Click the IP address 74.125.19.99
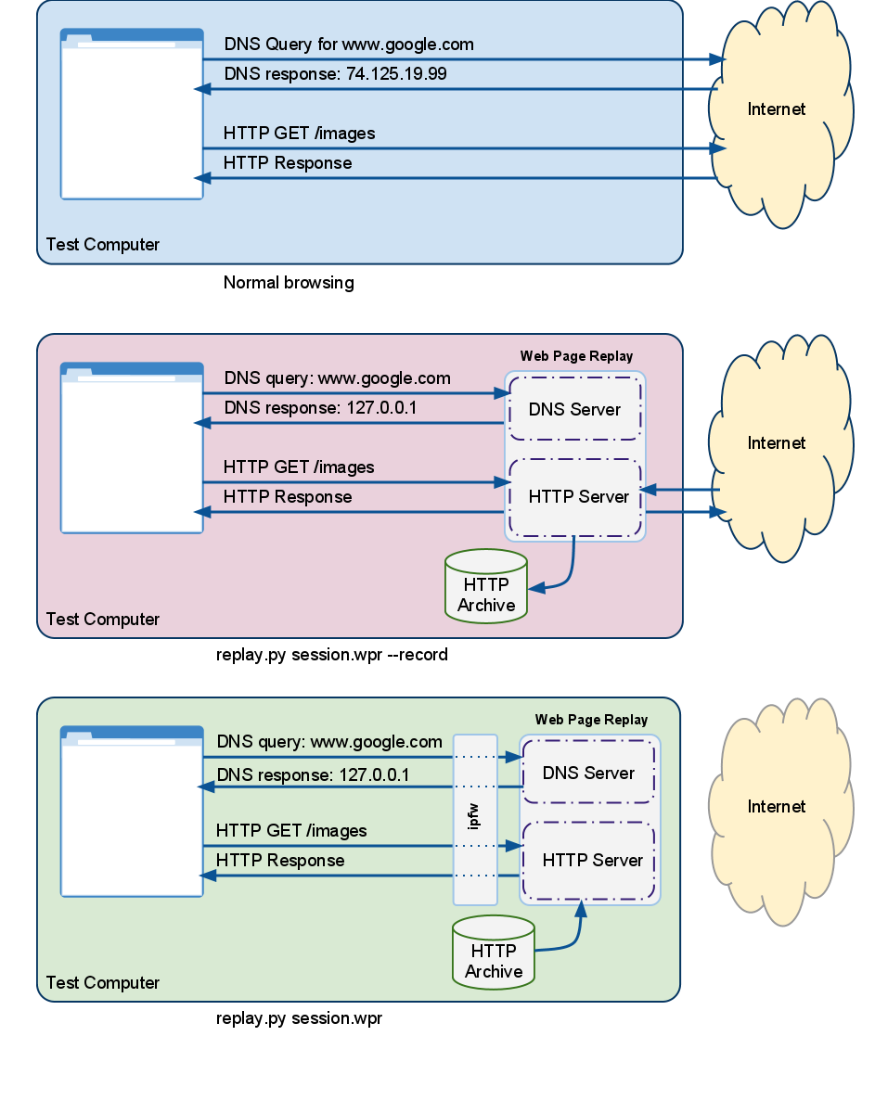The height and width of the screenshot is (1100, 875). click(396, 74)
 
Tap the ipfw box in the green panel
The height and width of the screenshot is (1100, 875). click(475, 819)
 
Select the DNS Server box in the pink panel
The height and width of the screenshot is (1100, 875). click(574, 410)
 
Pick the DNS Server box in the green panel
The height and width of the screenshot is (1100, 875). click(588, 774)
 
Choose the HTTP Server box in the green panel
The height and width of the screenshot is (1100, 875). click(592, 861)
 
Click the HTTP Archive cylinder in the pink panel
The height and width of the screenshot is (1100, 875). click(486, 586)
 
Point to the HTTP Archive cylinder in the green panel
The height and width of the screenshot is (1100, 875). click(494, 952)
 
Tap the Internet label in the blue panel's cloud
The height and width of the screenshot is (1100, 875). click(777, 109)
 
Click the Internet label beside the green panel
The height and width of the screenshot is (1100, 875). click(777, 807)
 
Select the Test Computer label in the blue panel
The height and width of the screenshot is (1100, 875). click(103, 245)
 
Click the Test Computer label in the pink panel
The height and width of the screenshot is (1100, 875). click(103, 620)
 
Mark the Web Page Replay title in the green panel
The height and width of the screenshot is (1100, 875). click(591, 720)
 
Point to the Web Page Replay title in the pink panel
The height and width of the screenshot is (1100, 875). click(576, 356)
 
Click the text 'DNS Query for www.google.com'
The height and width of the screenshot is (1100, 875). click(349, 45)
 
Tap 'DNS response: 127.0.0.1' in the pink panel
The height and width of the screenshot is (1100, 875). click(319, 408)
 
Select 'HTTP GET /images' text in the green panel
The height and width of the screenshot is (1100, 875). click(291, 831)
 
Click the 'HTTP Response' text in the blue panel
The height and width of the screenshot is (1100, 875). click(288, 163)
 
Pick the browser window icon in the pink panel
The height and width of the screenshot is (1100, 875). click(132, 448)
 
